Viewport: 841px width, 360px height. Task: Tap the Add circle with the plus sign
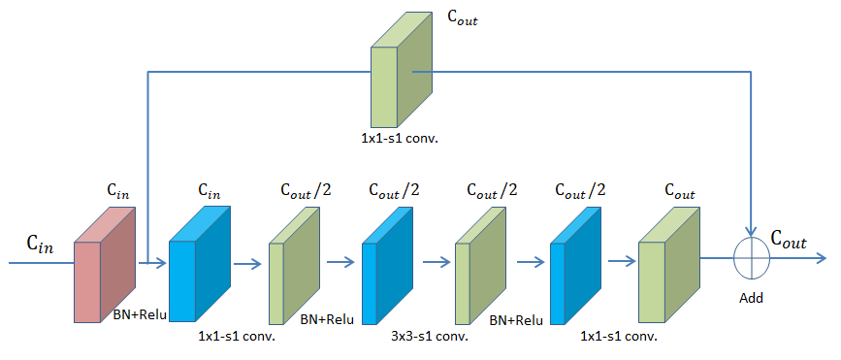pyautogui.click(x=752, y=258)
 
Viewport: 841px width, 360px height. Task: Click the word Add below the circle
pyautogui.click(x=751, y=298)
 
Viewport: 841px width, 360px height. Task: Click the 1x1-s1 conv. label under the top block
pyautogui.click(x=399, y=139)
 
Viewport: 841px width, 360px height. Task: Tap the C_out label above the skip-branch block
pyautogui.click(x=462, y=17)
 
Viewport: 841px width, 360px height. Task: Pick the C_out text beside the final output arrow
pyautogui.click(x=789, y=239)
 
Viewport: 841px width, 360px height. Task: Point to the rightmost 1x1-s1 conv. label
pyautogui.click(x=618, y=337)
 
